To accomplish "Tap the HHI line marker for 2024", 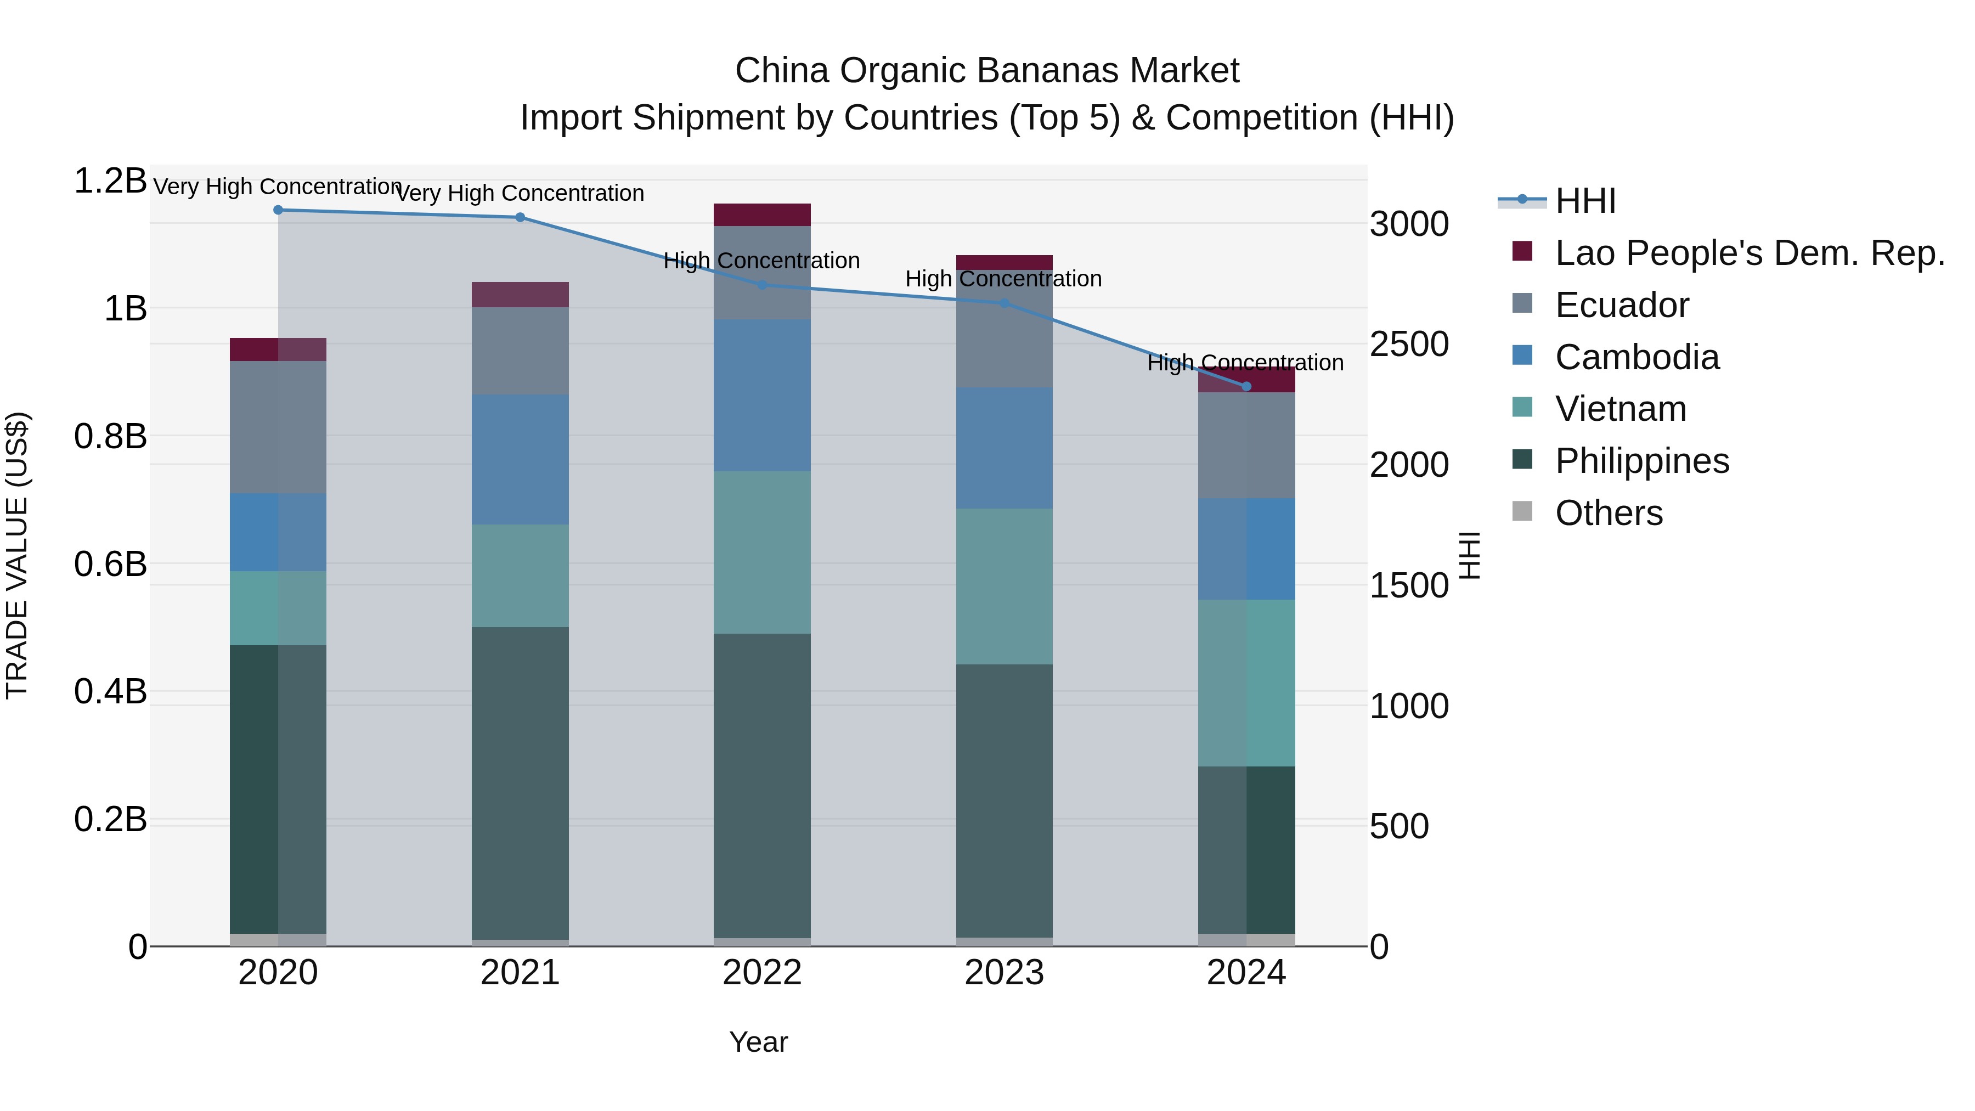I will pyautogui.click(x=1246, y=386).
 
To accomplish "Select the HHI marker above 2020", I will pyautogui.click(x=278, y=210).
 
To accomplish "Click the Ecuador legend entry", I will pyautogui.click(x=1622, y=305).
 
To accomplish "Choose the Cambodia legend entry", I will pyautogui.click(x=1637, y=357).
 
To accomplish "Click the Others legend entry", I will pyautogui.click(x=1609, y=513).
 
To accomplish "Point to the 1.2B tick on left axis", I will pyautogui.click(x=110, y=182).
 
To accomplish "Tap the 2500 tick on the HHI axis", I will pyautogui.click(x=1409, y=344).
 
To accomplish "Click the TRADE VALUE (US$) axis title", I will pyautogui.click(x=17, y=555).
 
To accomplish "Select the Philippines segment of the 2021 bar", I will pyautogui.click(x=520, y=782).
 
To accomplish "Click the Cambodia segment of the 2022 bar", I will pyautogui.click(x=762, y=395).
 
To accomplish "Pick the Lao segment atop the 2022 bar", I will pyautogui.click(x=762, y=215).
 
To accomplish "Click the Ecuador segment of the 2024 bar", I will pyautogui.click(x=1246, y=445).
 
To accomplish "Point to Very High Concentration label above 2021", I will pyautogui.click(x=520, y=193).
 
